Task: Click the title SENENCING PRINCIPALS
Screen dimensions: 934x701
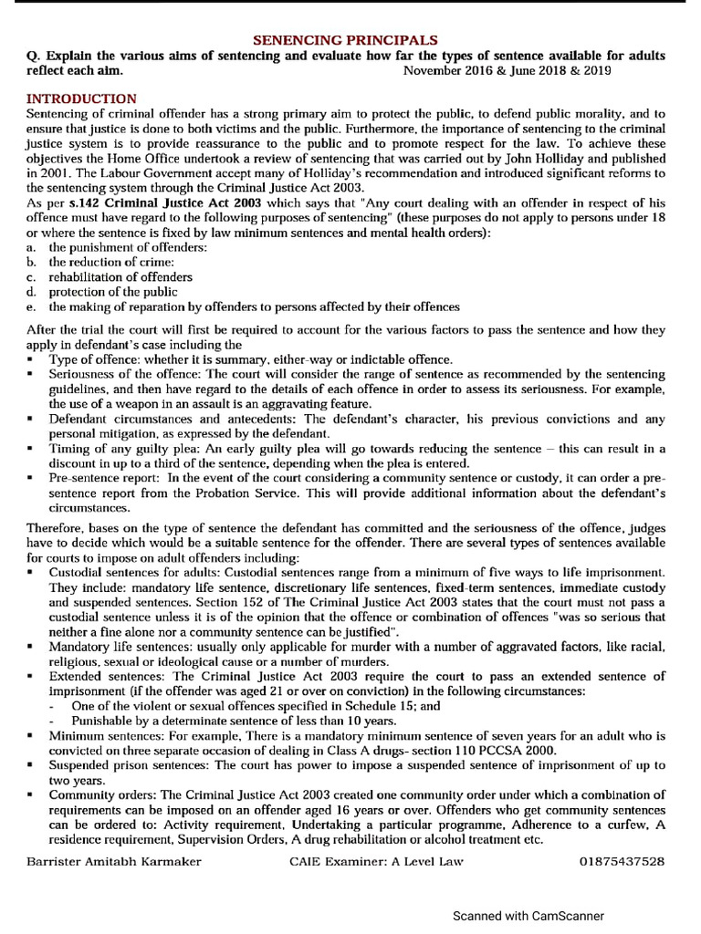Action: [x=345, y=40]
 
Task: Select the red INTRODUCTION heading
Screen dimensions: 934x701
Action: [x=82, y=99]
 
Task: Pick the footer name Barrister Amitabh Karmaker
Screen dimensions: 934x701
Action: [x=114, y=860]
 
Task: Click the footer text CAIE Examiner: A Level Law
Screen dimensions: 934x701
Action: [x=376, y=860]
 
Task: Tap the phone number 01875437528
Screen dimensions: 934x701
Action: [x=622, y=860]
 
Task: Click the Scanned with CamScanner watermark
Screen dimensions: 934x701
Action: [x=528, y=916]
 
